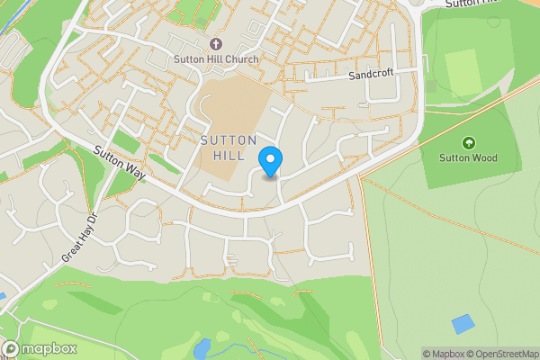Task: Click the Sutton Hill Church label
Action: coord(215,60)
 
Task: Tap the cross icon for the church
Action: coord(215,44)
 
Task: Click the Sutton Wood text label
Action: coord(467,158)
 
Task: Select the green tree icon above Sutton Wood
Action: coord(467,143)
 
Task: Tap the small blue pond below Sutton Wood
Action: coord(463,323)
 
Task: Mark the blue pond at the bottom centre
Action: coord(202,346)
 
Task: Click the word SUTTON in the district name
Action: coord(229,140)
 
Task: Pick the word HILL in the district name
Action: coord(229,157)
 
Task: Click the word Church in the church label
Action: coord(240,60)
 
